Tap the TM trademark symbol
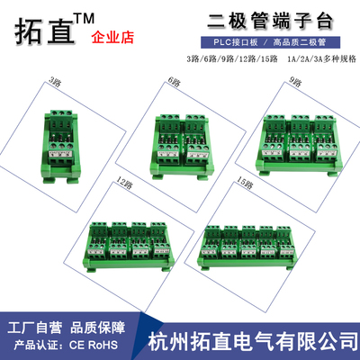tap(96, 17)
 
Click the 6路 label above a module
tap(173, 82)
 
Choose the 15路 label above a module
tap(246, 183)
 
